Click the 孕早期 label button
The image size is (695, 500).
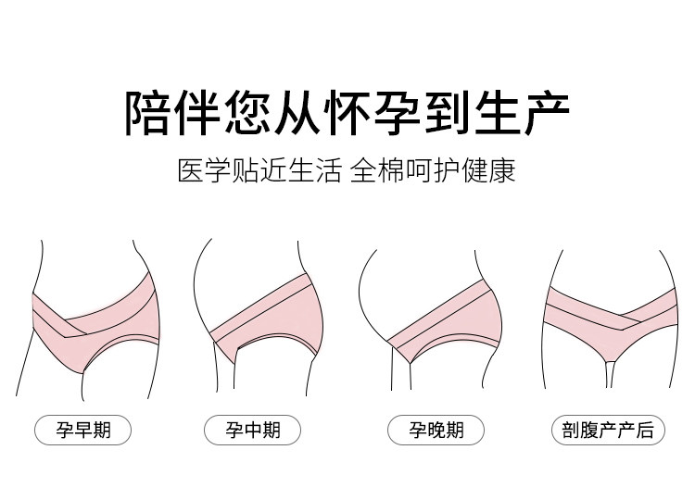point(82,430)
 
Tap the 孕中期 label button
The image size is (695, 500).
point(253,430)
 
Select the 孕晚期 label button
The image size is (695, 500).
point(437,430)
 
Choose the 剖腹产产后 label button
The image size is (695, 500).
point(607,430)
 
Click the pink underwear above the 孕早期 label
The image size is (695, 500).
point(93,319)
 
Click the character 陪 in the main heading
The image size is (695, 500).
point(148,112)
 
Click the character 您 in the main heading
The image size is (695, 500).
point(247,112)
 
